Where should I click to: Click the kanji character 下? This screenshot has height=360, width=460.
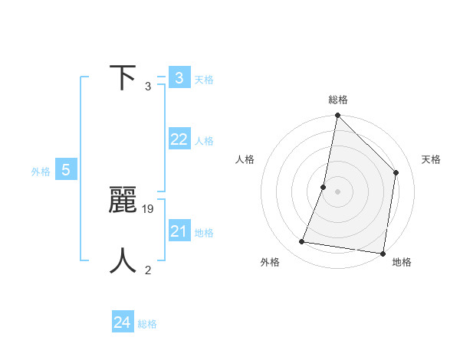(123, 78)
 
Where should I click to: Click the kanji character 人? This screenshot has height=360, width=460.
(123, 261)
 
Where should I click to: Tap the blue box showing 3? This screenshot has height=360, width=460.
(179, 78)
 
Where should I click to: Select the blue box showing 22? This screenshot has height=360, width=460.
(179, 139)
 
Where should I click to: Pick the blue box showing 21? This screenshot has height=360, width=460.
(179, 231)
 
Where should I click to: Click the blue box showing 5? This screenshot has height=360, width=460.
(66, 170)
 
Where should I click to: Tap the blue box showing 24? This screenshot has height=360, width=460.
(123, 322)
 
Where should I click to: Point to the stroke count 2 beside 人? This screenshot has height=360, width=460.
(148, 270)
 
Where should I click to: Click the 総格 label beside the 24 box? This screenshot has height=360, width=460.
(147, 324)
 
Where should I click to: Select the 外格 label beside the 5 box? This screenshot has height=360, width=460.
(41, 172)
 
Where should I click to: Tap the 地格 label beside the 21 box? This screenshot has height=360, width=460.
(204, 233)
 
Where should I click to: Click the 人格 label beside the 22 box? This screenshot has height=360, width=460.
(204, 141)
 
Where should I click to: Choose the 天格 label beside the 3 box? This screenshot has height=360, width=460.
(204, 80)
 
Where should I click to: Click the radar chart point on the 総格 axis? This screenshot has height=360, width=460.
(337, 116)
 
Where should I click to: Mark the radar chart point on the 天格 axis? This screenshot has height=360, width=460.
(396, 172)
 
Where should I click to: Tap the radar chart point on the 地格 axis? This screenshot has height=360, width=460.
(383, 253)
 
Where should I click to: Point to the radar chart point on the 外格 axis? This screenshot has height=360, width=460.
(302, 242)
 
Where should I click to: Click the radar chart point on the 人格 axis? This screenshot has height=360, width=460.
(324, 187)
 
